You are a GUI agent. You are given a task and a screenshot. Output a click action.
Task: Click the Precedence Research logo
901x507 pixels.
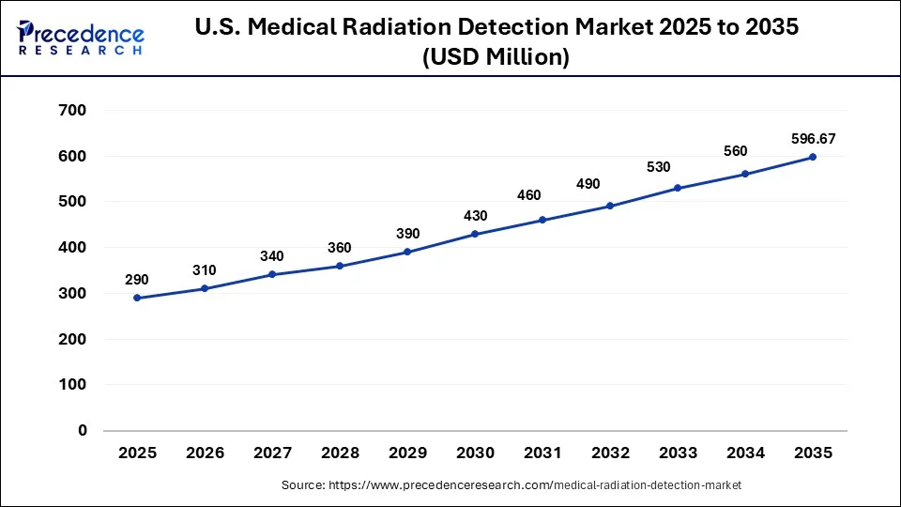point(81,38)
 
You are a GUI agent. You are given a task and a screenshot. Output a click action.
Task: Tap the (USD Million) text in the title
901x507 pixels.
point(496,57)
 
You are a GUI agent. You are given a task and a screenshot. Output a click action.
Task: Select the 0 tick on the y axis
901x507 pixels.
point(83,431)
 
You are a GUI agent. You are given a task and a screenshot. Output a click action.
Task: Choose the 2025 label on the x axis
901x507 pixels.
point(137,453)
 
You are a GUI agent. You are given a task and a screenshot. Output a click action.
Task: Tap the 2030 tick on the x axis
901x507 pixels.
point(475,453)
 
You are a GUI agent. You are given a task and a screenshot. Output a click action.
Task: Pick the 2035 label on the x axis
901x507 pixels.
point(813,453)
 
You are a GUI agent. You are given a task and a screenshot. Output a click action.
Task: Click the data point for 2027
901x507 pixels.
point(272,274)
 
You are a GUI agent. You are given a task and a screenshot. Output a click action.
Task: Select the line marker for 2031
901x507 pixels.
point(542,220)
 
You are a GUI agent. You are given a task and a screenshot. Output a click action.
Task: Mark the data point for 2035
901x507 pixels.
point(813,157)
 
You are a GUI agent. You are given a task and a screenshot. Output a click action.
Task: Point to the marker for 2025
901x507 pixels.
point(137,298)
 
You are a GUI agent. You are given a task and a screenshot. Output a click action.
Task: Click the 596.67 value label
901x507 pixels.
point(813,139)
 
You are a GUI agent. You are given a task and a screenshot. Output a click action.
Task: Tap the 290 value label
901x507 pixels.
point(137,280)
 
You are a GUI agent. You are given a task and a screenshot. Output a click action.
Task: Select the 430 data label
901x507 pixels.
point(475,216)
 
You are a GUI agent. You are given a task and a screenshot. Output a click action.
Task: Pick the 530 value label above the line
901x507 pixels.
point(678,167)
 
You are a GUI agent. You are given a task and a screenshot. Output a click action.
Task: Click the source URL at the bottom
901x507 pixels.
point(512,485)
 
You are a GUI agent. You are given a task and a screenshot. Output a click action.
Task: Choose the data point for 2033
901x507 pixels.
point(678,188)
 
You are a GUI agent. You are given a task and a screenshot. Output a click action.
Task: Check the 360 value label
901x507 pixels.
point(340,248)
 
